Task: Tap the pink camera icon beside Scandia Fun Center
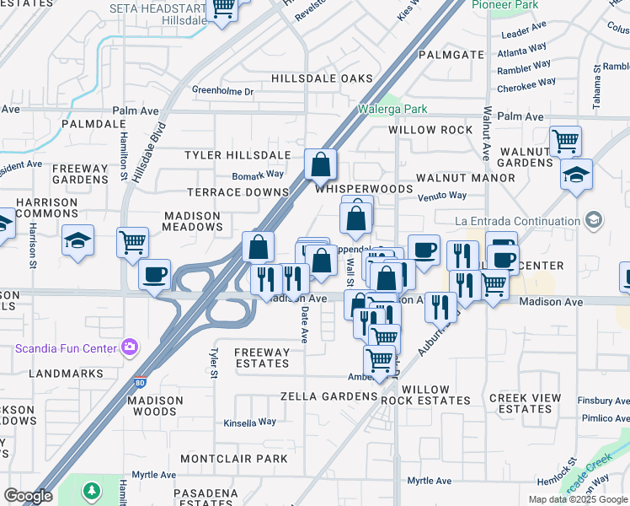pos(129,347)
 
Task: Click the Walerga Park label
pos(392,109)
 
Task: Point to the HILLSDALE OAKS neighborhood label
pos(322,78)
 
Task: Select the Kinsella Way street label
pos(249,423)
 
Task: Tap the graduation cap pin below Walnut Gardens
pos(577,175)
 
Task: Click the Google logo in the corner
pos(28,496)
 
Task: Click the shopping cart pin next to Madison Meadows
pos(132,243)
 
